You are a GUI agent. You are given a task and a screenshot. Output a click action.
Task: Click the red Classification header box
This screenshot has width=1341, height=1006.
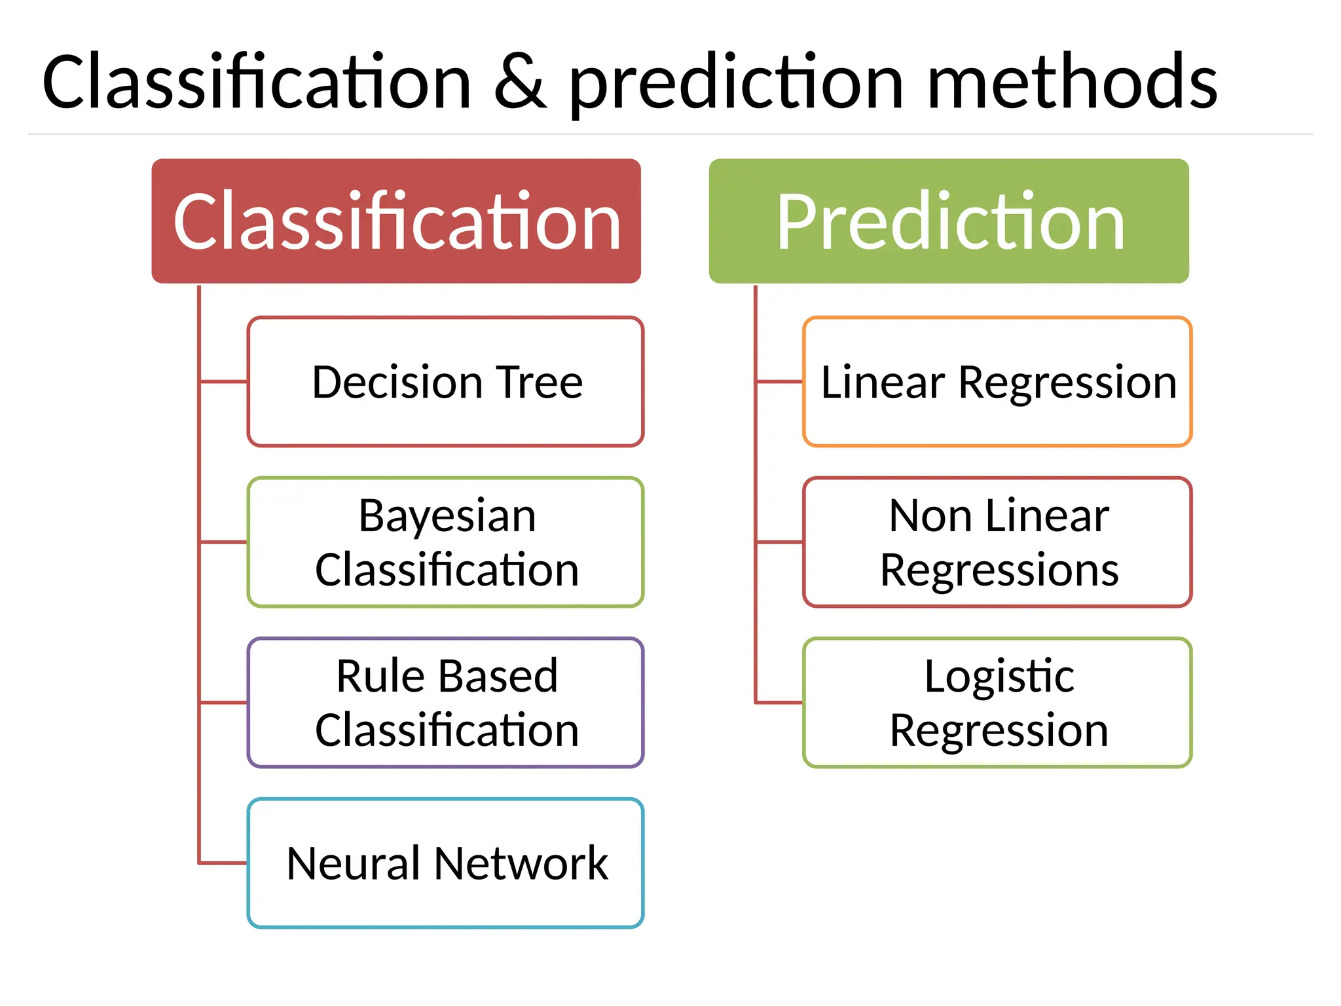tap(395, 221)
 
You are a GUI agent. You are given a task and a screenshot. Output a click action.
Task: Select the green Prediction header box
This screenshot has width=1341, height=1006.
tap(948, 221)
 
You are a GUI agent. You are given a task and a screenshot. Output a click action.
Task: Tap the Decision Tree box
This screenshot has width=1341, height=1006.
tap(445, 382)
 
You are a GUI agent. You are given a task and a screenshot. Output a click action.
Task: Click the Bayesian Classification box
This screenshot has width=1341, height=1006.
tap(445, 542)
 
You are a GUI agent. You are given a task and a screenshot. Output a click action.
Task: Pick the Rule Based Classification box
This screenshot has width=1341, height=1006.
tap(445, 703)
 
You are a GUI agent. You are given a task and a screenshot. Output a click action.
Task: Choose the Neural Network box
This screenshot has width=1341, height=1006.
tap(445, 863)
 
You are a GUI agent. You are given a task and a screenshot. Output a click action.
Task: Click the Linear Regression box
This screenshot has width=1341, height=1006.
tap(997, 382)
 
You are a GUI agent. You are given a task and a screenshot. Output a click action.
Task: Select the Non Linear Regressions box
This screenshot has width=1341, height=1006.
tap(997, 542)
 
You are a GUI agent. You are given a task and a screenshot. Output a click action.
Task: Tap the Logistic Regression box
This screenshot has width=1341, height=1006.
tap(997, 703)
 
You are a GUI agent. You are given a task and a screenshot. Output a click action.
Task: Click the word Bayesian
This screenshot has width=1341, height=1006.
tap(447, 517)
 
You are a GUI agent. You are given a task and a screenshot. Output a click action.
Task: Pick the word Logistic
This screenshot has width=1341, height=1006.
tap(999, 678)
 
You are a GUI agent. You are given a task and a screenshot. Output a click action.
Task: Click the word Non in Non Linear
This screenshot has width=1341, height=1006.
tap(930, 516)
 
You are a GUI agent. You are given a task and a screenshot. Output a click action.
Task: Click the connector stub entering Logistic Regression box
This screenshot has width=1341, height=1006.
tap(779, 703)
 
